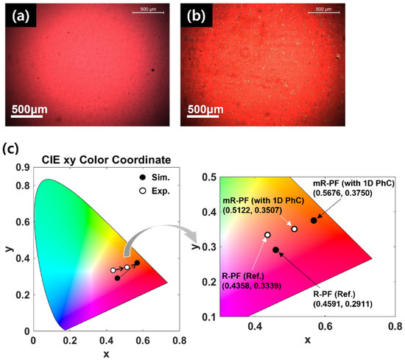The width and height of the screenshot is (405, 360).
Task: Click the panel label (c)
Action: click(x=13, y=149)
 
